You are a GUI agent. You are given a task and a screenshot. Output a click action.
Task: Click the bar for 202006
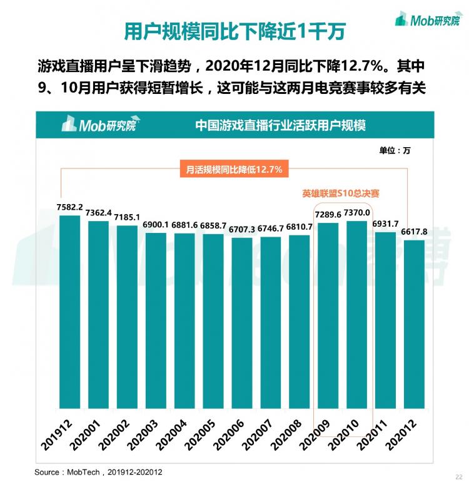[241, 322]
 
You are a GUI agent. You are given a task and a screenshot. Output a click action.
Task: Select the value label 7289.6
[328, 215]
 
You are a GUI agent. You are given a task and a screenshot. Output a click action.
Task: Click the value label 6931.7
[385, 224]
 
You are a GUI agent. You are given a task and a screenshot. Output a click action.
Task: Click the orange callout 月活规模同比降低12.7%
[235, 169]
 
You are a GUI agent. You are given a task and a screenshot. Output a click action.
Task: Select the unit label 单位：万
[395, 150]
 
